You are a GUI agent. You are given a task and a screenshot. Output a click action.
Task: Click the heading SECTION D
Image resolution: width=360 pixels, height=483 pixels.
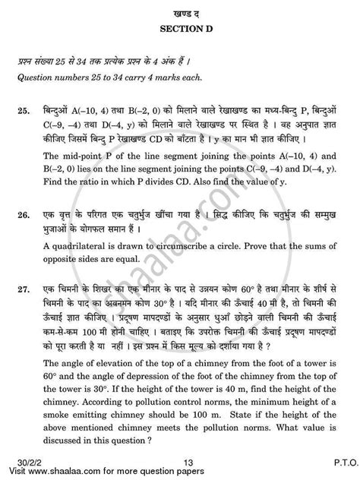click(179, 27)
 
